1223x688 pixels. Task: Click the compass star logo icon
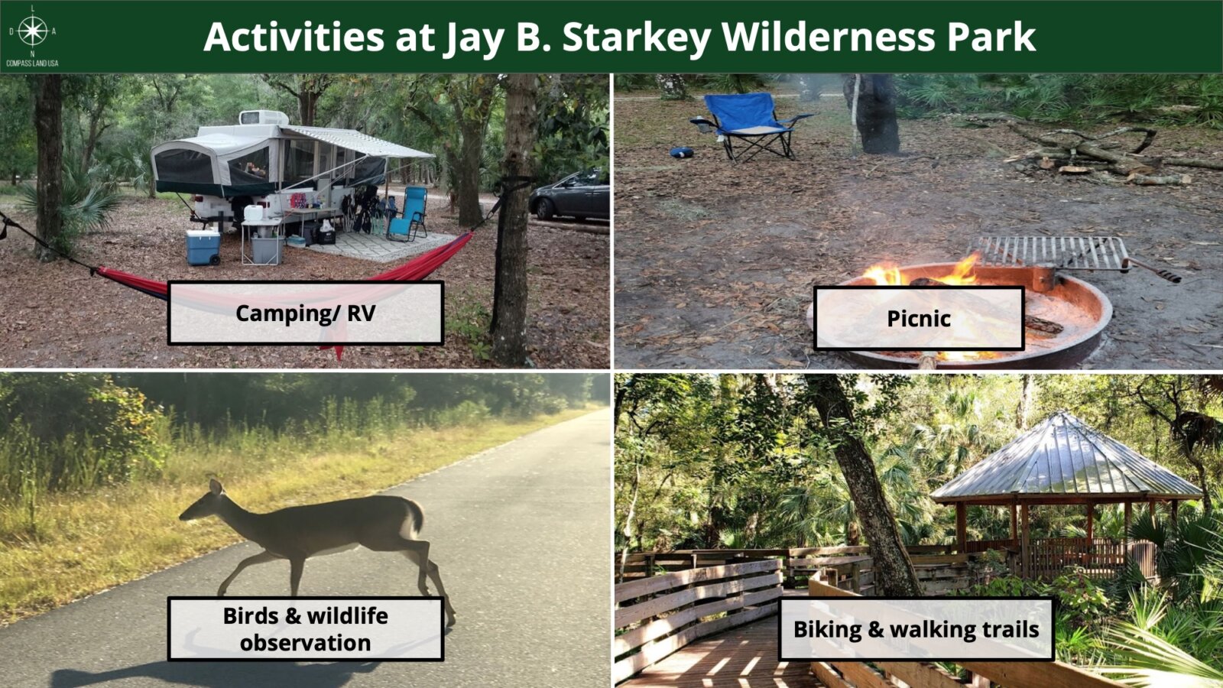pyautogui.click(x=33, y=31)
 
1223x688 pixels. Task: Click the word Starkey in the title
pyautogui.click(x=637, y=38)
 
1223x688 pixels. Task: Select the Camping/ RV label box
pyautogui.click(x=306, y=313)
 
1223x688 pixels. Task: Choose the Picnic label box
pyautogui.click(x=919, y=318)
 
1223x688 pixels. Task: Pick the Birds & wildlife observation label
pyautogui.click(x=306, y=629)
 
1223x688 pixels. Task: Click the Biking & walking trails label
pyautogui.click(x=916, y=629)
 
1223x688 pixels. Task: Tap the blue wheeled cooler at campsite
pyautogui.click(x=203, y=248)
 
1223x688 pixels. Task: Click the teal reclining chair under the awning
pyautogui.click(x=408, y=213)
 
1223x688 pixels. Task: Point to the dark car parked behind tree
pyautogui.click(x=569, y=195)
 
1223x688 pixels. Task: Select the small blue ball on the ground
pyautogui.click(x=681, y=152)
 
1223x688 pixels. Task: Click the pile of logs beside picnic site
pyautogui.click(x=1098, y=153)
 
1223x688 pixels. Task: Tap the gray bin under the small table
pyautogui.click(x=267, y=250)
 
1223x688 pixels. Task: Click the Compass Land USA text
pyautogui.click(x=32, y=64)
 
